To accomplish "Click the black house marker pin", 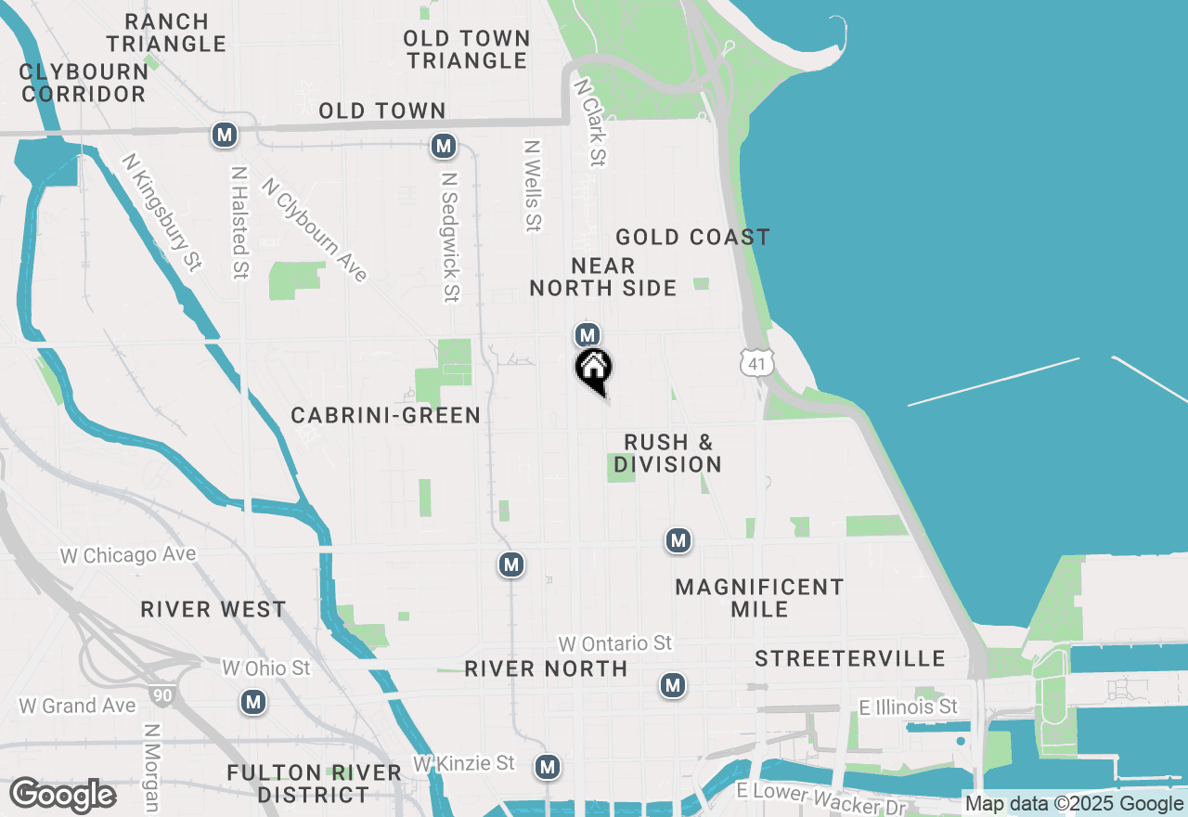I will pyautogui.click(x=594, y=370).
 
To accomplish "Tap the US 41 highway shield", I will pyautogui.click(x=757, y=363).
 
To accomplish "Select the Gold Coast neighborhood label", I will pyautogui.click(x=692, y=237).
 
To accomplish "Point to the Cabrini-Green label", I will pyautogui.click(x=386, y=415).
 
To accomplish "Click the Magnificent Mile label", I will pyautogui.click(x=759, y=598).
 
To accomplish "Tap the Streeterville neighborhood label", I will pyautogui.click(x=849, y=658).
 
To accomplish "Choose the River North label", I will pyautogui.click(x=546, y=668).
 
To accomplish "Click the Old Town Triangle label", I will pyautogui.click(x=467, y=49).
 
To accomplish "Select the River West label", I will pyautogui.click(x=213, y=609).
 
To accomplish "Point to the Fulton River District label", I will pyautogui.click(x=314, y=784).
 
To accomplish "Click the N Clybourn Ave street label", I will pyautogui.click(x=315, y=229).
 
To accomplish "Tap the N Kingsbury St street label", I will pyautogui.click(x=161, y=212).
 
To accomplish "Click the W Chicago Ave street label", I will pyautogui.click(x=128, y=555).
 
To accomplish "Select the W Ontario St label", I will pyautogui.click(x=614, y=642).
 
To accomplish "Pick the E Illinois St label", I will pyautogui.click(x=908, y=707).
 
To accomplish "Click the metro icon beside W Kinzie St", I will pyautogui.click(x=548, y=766).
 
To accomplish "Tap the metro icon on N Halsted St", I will pyautogui.click(x=224, y=135).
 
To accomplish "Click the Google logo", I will pyautogui.click(x=63, y=796).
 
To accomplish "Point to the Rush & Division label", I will pyautogui.click(x=667, y=453).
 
